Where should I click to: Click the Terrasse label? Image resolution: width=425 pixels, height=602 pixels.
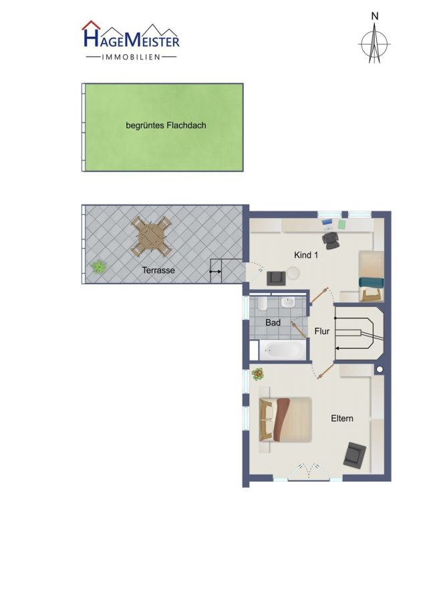pos(158,270)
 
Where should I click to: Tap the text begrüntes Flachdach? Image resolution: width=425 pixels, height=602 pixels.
pos(166,126)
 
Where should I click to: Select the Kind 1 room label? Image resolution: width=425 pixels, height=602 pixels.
pos(305,255)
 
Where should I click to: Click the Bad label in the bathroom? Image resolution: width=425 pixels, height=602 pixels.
pos(273,322)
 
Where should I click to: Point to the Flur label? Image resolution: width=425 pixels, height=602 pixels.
pos(322,331)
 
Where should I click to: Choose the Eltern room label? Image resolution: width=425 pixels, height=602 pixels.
pos(342,419)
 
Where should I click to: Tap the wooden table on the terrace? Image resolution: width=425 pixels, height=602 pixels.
pos(151,237)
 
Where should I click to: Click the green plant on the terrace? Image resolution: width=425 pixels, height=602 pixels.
pos(99,266)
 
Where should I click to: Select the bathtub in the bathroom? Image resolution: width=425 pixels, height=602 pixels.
pos(283,350)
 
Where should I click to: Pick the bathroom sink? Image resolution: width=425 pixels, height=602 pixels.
pos(288,302)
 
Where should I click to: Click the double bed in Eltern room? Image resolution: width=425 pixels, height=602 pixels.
pos(285,419)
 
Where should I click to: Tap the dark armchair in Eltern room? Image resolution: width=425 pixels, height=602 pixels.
pos(355,455)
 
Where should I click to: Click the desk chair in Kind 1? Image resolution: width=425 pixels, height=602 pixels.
pos(330,240)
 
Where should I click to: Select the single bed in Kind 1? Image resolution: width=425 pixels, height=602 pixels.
pos(372,276)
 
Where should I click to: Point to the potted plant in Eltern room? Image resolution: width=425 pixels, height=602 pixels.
pos(258,374)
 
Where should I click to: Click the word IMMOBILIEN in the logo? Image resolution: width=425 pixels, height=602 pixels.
pos(131,58)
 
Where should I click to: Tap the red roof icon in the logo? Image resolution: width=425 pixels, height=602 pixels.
pos(91,25)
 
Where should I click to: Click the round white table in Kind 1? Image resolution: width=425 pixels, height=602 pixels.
pos(293,273)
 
